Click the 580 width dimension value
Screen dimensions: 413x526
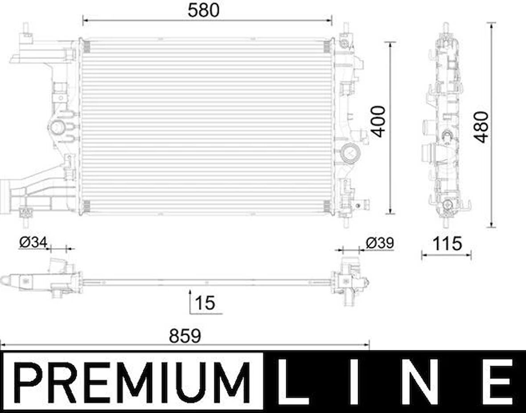coord(204,10)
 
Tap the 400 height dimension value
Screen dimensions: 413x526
coord(378,121)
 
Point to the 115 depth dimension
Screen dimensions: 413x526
coord(447,243)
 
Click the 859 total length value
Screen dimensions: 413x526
coord(185,336)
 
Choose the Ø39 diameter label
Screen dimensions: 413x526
coord(379,243)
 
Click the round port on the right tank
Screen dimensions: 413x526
coord(349,154)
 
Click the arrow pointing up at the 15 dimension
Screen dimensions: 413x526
coord(190,293)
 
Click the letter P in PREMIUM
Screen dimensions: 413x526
coord(32,382)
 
